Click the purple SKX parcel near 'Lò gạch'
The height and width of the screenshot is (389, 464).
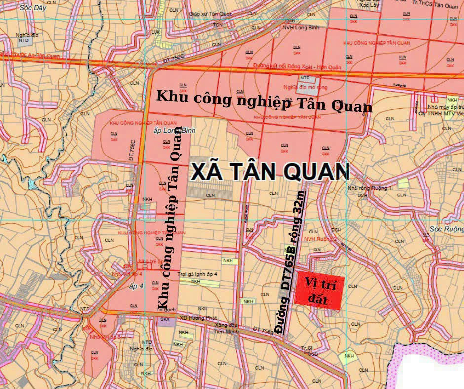pyautogui.click(x=164, y=320)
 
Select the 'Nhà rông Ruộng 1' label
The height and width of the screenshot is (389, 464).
pyautogui.click(x=376, y=188)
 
